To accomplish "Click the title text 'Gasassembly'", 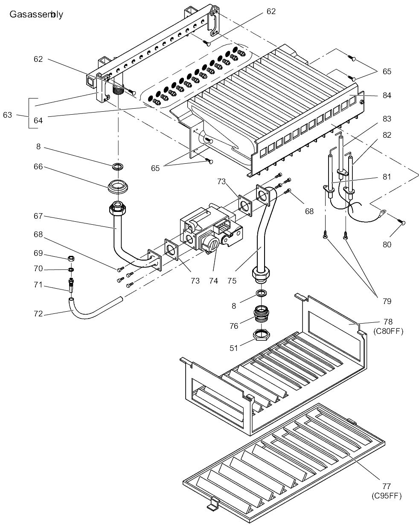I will [36, 14].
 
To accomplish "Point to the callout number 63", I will [8, 115].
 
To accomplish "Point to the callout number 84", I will [387, 95].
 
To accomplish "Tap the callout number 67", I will [38, 216].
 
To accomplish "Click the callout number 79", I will [387, 301].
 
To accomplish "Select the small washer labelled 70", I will [70, 269].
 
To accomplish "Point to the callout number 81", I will [387, 176].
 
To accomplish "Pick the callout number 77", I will [387, 486].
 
